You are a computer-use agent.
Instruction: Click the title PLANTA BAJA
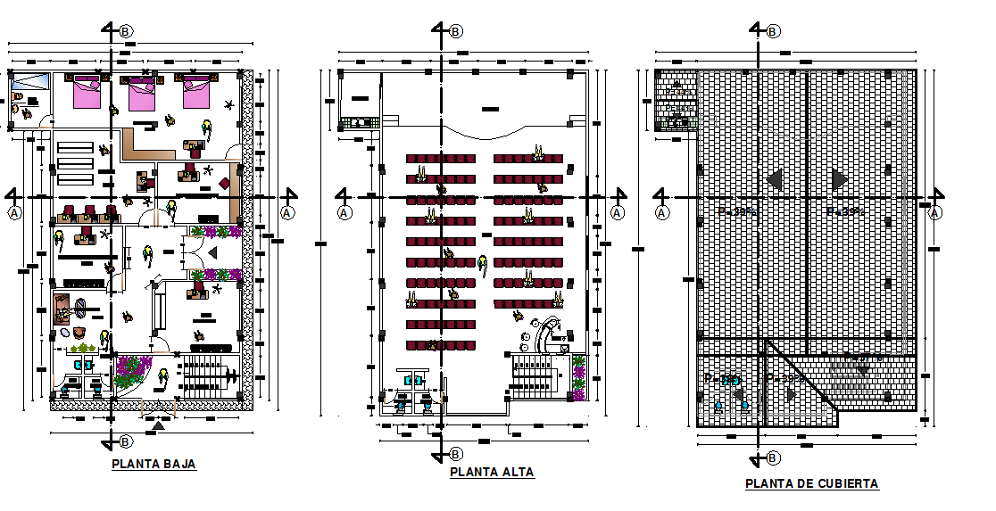tap(154, 464)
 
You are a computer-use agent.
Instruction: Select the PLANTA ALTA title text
tap(492, 473)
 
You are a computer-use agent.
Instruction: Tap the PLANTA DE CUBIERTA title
tap(811, 483)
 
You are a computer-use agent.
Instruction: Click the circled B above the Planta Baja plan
tap(126, 31)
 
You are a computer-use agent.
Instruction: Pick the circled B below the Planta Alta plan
tap(456, 454)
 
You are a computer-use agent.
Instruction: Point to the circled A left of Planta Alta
tap(344, 212)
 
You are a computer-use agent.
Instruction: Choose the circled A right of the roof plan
tap(935, 212)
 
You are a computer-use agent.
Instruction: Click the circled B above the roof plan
tap(773, 31)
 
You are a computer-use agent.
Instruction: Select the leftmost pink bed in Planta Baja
tap(86, 92)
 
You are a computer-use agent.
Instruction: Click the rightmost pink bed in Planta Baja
tap(196, 92)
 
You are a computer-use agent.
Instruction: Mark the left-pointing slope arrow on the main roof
tap(775, 180)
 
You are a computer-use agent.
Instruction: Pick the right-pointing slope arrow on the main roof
tap(839, 180)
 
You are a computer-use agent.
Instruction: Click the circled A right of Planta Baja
tap(286, 212)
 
